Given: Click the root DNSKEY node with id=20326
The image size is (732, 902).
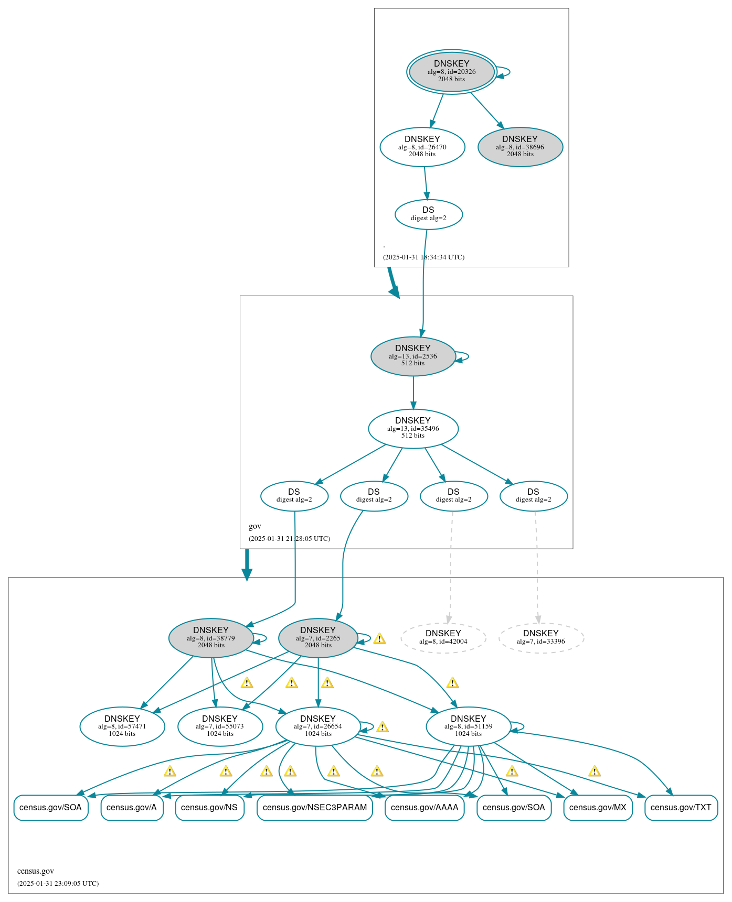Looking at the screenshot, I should pos(451,71).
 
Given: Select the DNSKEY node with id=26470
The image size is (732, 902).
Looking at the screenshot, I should pos(422,147).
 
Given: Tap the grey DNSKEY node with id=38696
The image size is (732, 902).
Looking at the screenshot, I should pos(520,147).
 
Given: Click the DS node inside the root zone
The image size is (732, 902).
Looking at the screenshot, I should pos(428,214).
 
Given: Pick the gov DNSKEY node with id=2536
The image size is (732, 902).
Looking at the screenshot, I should pos(413,356).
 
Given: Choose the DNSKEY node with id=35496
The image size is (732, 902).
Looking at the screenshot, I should pos(413,428).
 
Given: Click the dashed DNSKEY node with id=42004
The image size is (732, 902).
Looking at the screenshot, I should pos(443,637).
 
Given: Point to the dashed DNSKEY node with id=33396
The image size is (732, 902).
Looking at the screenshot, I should pos(540,637).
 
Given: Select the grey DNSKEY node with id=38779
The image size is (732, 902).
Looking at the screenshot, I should pos(211,637).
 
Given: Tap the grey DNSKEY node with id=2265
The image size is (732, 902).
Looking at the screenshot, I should pos(318,637).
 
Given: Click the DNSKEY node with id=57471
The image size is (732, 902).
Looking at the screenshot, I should pos(122,726).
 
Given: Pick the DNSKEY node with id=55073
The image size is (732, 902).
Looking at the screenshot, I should pos(220,726).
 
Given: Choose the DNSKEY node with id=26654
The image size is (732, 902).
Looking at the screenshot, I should pos(318,726).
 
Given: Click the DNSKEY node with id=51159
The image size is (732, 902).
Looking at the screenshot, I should pos(468,726).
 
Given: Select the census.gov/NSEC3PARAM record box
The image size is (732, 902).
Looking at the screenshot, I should pos(315,807).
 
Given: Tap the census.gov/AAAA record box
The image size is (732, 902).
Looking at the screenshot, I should pos(425,807).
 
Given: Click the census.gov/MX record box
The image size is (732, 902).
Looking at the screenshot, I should pos(598,807).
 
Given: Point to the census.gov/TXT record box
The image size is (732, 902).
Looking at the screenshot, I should pos(681,807).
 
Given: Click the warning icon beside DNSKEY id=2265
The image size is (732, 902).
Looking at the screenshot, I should pos(379,638).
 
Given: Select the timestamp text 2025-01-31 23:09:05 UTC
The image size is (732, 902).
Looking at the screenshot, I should pos(58,883).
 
